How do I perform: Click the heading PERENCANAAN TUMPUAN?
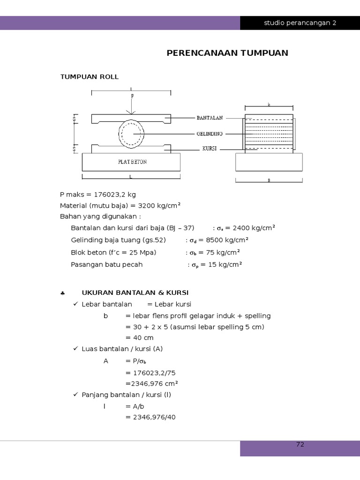tap(227, 53)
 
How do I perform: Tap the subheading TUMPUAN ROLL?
tap(89, 76)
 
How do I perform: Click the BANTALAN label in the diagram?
tap(210, 118)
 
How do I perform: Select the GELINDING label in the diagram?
tap(210, 134)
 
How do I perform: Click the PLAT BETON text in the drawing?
tap(132, 162)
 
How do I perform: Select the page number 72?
tap(300, 444)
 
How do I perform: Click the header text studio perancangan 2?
tap(300, 22)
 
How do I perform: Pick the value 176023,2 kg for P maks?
tap(115, 195)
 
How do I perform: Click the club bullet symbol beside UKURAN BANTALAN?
tap(62, 293)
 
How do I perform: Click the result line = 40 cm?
tap(139, 337)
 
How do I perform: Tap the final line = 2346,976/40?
tap(150, 417)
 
